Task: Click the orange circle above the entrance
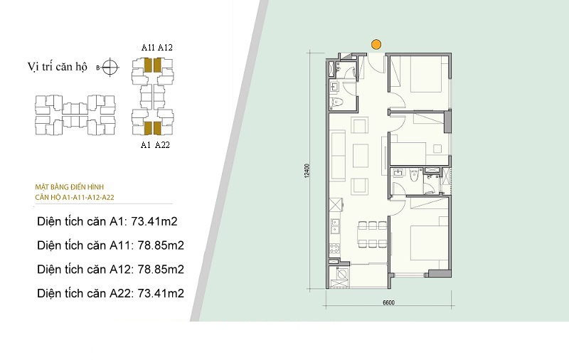pos(376,45)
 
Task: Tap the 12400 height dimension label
pos(307,171)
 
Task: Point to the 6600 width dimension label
pos(388,302)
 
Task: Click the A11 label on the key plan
pos(148,48)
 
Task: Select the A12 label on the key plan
pos(165,48)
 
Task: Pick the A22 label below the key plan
pos(162,145)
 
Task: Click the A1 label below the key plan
pos(146,145)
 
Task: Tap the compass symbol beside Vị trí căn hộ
pos(110,67)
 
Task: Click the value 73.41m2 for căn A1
pos(154,221)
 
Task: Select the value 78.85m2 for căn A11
pos(161,245)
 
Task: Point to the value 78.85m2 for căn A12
pos(161,269)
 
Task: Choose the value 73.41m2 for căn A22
pos(161,293)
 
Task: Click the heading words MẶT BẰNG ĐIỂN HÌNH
pos(69,187)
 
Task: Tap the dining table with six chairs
pos(373,235)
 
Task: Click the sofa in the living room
pos(338,156)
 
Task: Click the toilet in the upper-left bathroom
pos(336,102)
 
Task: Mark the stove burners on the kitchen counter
pos(334,248)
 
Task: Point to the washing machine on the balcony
pos(341,274)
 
